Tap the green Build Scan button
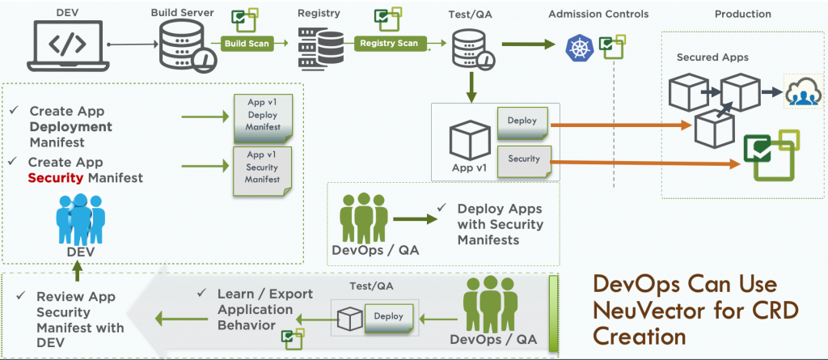[247, 44]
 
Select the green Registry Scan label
[389, 44]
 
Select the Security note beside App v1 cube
[524, 160]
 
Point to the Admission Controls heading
[598, 15]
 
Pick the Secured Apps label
[712, 58]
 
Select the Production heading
[743, 15]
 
